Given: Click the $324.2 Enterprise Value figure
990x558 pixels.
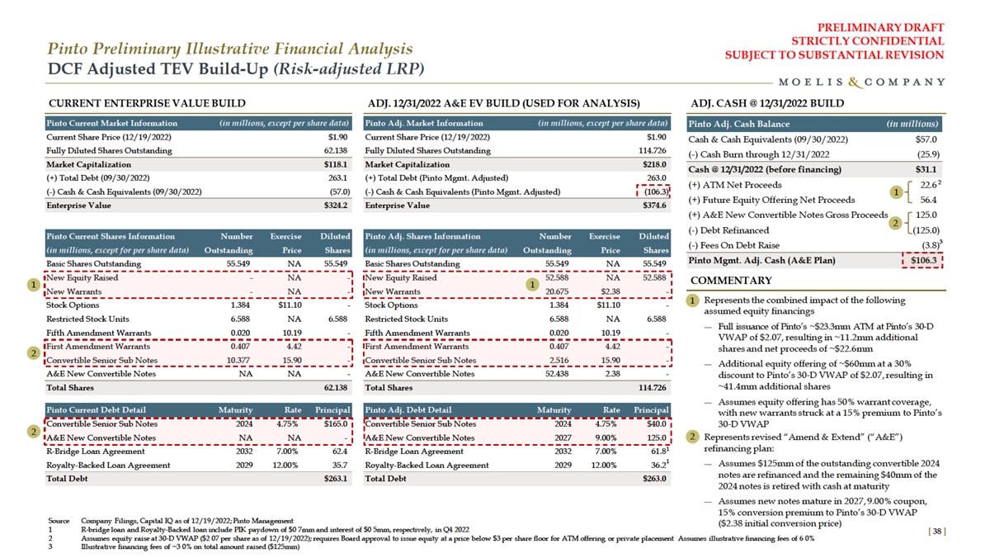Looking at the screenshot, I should tap(333, 205).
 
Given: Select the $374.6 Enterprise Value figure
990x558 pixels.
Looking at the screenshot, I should tap(653, 205).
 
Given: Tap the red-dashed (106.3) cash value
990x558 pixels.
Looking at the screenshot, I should tap(653, 192).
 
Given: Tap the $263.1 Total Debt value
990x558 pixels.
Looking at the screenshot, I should tap(334, 479).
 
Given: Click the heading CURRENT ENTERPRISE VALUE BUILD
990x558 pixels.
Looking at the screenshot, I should tap(147, 103).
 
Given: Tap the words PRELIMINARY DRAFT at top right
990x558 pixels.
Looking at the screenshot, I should tap(891, 27).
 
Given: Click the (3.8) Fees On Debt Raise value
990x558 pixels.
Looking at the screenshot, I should tap(927, 245).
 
